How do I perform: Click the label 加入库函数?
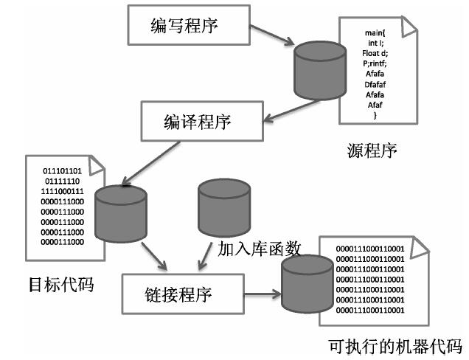click(258, 249)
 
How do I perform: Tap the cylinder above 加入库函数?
click(223, 206)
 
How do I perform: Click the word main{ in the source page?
click(375, 34)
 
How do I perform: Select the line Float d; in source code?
click(375, 55)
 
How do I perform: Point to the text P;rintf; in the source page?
click(375, 65)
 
